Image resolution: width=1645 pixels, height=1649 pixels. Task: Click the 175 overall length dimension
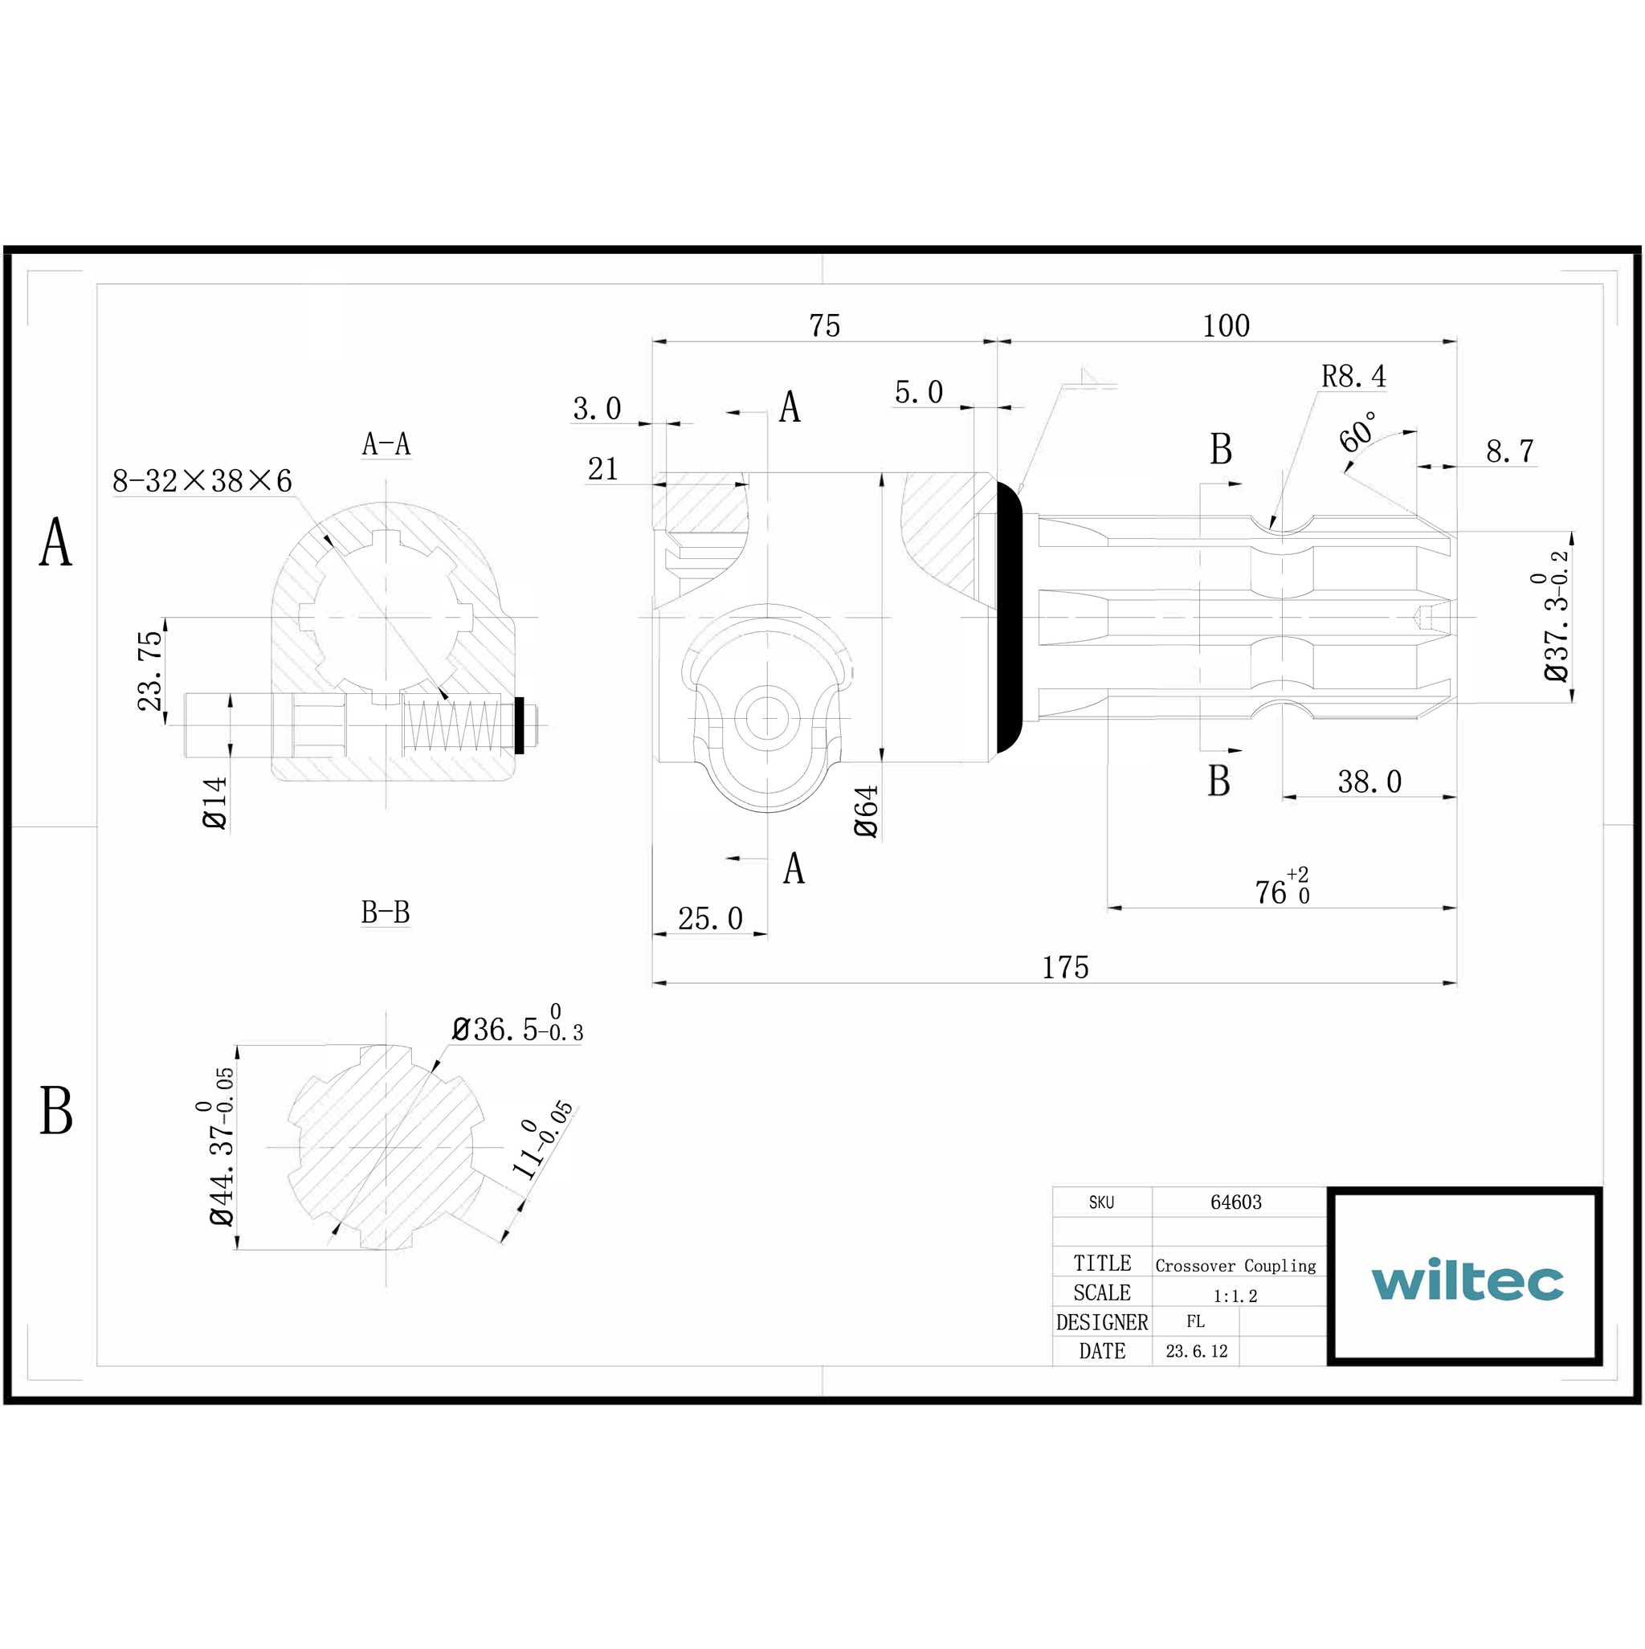point(1064,968)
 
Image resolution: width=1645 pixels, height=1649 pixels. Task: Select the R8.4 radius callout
point(1353,377)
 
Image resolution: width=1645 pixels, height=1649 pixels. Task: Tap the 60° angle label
point(1357,432)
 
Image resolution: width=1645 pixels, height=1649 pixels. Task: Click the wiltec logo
point(1466,1280)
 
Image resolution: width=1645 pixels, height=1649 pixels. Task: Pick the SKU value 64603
point(1235,1202)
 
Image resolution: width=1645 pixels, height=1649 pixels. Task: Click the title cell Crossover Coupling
point(1235,1266)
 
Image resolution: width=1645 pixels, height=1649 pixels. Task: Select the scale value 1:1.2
point(1235,1296)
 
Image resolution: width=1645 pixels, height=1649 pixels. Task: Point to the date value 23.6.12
point(1196,1351)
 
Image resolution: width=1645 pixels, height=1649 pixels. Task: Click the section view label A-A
point(386,445)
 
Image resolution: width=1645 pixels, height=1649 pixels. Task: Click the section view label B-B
point(385,912)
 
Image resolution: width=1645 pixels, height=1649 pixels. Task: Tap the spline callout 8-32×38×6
point(202,481)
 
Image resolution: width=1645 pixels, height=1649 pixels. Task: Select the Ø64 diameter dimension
point(866,810)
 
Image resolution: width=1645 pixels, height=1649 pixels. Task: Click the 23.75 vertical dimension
point(149,671)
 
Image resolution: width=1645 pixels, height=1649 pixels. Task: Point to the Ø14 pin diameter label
point(215,802)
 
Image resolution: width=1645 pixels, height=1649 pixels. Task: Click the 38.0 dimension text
point(1369,782)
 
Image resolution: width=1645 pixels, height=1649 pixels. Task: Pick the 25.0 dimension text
point(709,918)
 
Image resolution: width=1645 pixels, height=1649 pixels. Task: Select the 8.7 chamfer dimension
point(1508,451)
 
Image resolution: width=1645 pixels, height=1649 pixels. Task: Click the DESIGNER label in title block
point(1101,1322)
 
